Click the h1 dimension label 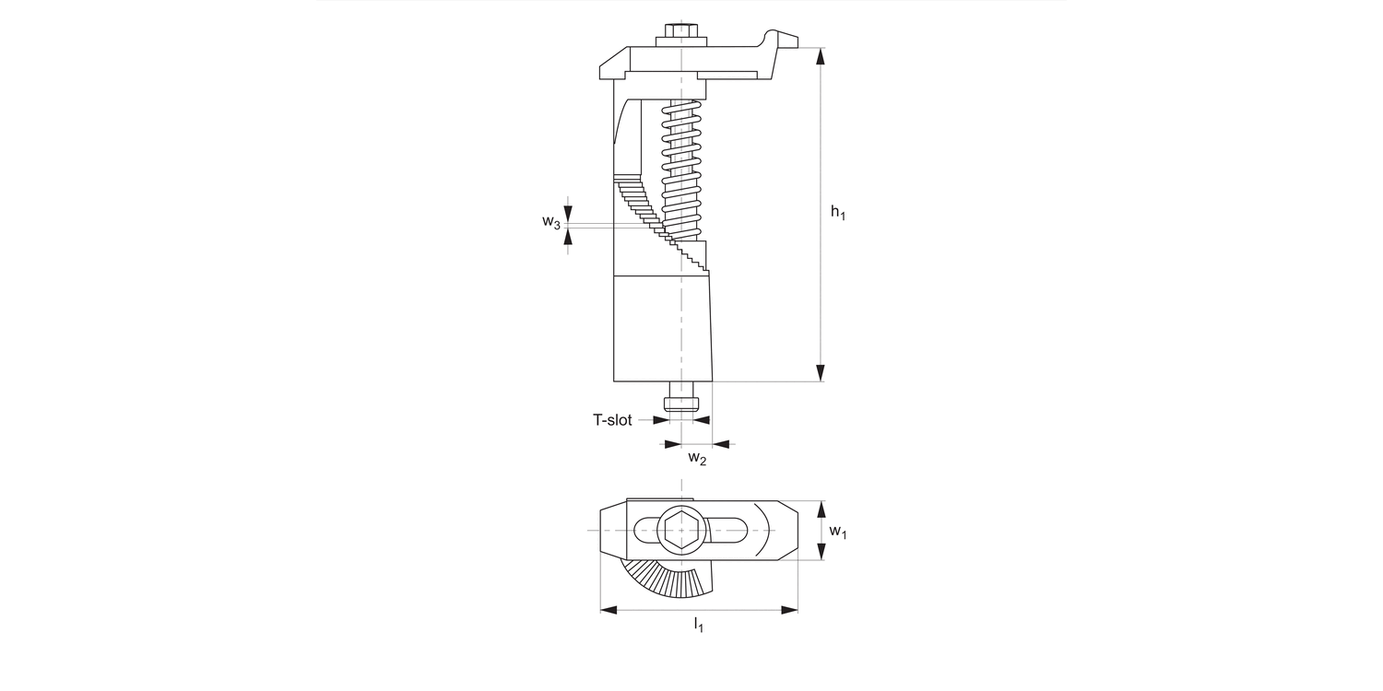[x=837, y=213]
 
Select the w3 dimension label [x=551, y=223]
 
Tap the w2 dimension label [x=697, y=458]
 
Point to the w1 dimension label [x=837, y=532]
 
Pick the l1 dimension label [x=699, y=626]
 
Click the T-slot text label [x=612, y=420]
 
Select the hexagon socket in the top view [x=681, y=531]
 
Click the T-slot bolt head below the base [x=681, y=404]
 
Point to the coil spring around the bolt [x=682, y=166]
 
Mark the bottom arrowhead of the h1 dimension [x=821, y=371]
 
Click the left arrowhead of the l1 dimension [x=609, y=609]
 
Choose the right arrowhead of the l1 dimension [x=789, y=609]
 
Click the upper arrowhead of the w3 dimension [x=569, y=215]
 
